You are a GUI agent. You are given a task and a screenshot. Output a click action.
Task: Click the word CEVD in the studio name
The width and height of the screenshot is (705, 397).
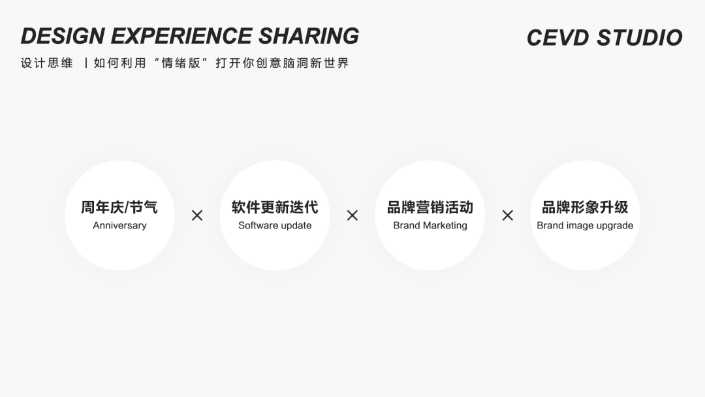point(558,38)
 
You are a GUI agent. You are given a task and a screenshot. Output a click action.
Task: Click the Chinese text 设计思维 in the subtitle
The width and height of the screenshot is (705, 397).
point(47,63)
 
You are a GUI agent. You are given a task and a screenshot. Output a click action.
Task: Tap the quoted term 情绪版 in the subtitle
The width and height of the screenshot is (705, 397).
point(181,63)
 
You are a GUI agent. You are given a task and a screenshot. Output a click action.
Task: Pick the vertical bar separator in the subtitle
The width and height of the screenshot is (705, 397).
point(85,63)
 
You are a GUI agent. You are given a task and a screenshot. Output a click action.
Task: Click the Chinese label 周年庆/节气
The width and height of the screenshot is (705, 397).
point(119,208)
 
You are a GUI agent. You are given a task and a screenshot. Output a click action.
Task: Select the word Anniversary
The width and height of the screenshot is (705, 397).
point(119,226)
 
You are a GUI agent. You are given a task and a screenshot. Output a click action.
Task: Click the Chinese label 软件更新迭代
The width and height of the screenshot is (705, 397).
point(275,208)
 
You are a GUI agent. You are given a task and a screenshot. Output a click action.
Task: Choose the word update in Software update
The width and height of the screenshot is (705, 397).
point(296,226)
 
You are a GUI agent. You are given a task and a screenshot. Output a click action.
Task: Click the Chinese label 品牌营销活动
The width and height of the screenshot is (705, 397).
point(430,208)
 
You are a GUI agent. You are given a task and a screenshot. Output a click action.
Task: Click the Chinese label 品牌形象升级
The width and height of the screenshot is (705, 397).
point(585,208)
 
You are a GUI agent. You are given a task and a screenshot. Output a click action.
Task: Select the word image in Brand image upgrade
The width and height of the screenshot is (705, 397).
point(580,226)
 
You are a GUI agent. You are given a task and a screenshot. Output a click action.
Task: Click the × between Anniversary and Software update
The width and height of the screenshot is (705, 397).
point(197,215)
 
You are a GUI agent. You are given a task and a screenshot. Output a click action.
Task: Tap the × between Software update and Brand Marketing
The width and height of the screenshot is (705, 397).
point(352,215)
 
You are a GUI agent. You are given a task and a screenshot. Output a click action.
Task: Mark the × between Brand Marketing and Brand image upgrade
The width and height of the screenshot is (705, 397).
point(508,215)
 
